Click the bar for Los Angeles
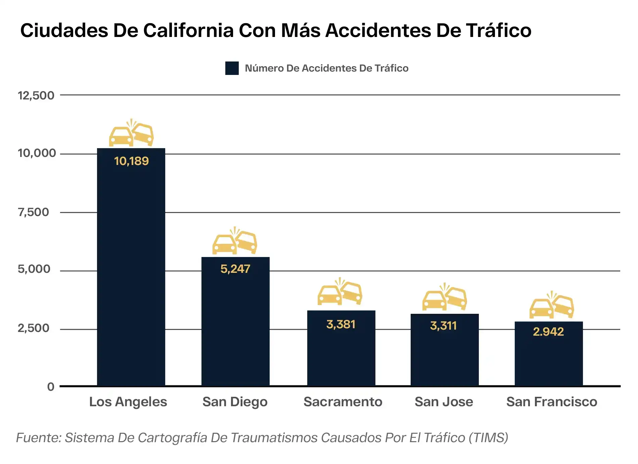tap(131, 269)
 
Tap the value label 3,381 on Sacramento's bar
tap(341, 324)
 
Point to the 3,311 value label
tap(443, 326)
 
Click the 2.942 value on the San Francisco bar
tap(548, 332)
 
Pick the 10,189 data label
tap(131, 161)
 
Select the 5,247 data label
tap(235, 269)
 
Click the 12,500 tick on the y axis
tap(36, 95)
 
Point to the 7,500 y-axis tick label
tap(33, 212)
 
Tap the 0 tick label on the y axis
tap(51, 387)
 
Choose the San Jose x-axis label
tap(444, 402)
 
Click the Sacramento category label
tap(343, 402)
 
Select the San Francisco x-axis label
tap(552, 402)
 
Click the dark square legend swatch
tap(232, 68)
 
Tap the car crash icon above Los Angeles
tap(131, 133)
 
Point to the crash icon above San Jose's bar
tap(445, 297)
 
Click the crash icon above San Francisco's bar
tap(552, 305)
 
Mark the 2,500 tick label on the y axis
tap(33, 328)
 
